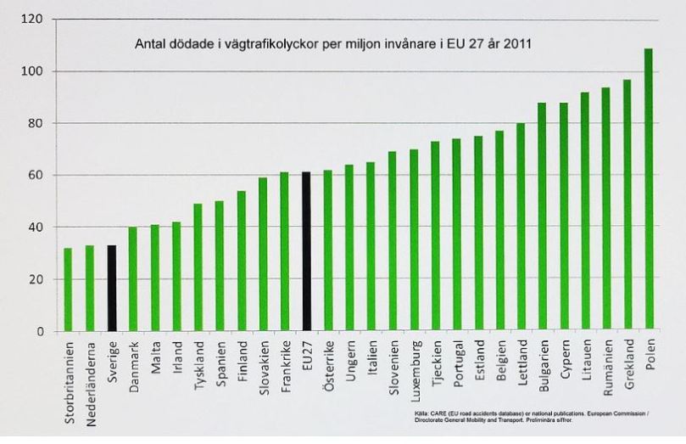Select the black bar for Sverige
111,288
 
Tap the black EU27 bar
306,251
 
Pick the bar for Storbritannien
68,289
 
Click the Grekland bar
627,205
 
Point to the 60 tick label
33,175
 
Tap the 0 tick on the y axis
37,331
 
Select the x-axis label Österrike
328,363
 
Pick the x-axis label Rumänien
606,366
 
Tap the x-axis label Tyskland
198,363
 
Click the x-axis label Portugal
456,363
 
